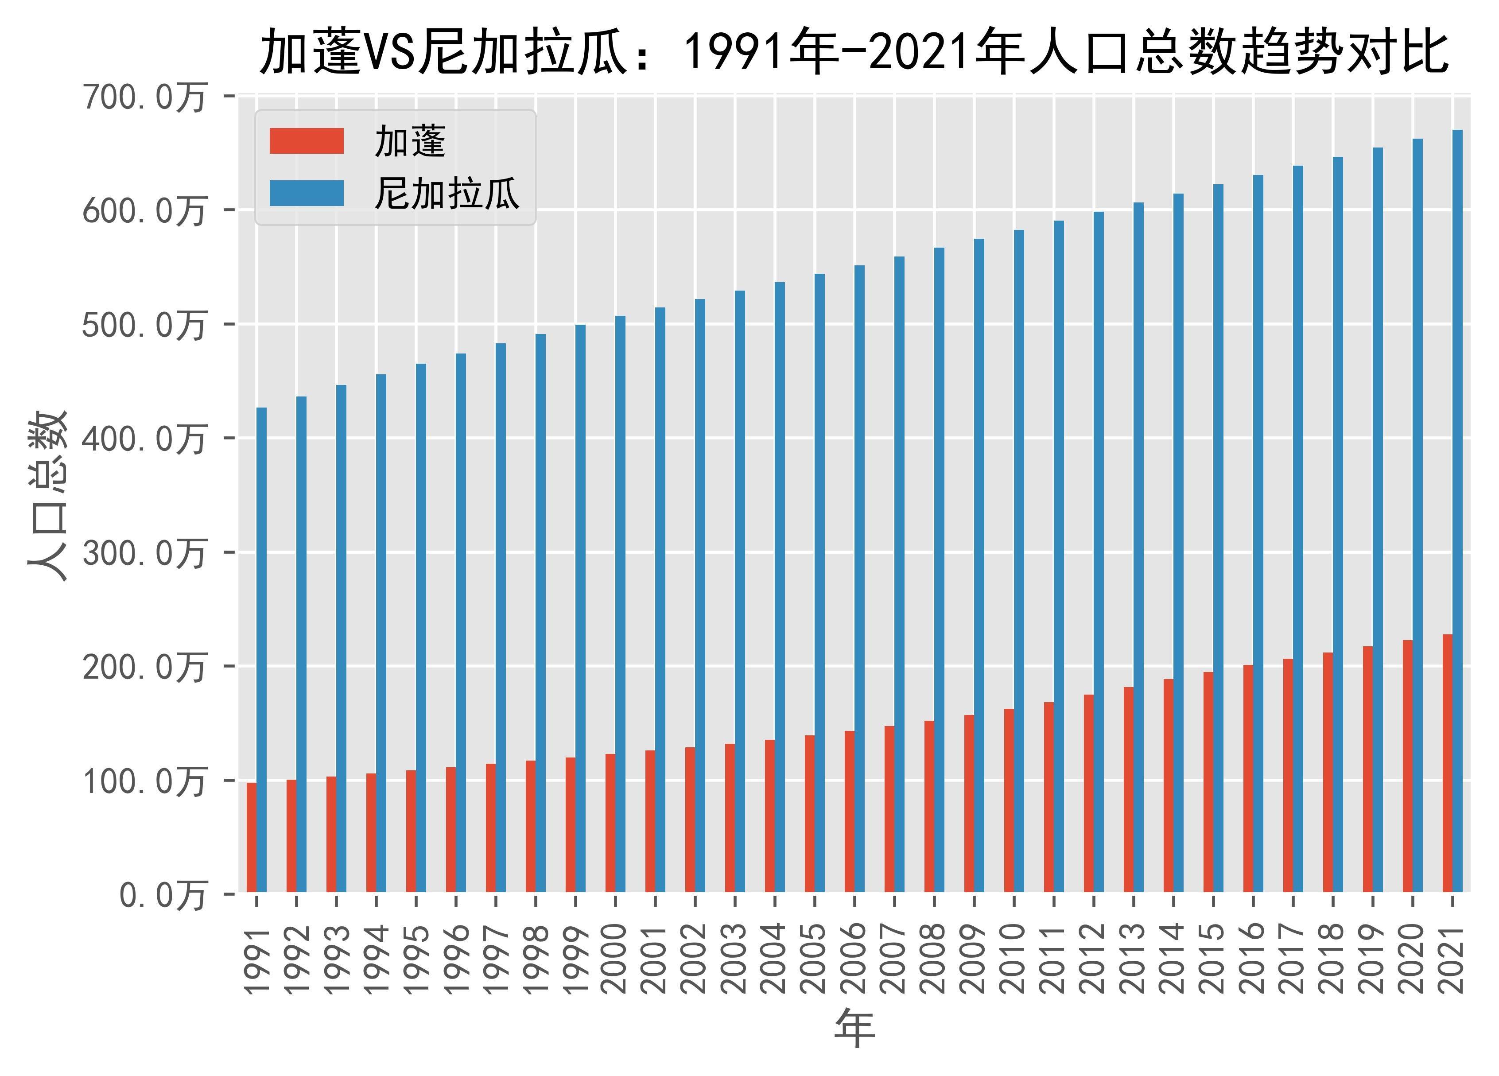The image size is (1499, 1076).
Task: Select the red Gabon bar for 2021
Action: click(1448, 763)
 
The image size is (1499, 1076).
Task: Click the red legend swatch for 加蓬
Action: click(307, 141)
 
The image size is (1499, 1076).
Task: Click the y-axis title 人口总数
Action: click(47, 496)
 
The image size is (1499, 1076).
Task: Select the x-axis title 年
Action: click(854, 1029)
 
